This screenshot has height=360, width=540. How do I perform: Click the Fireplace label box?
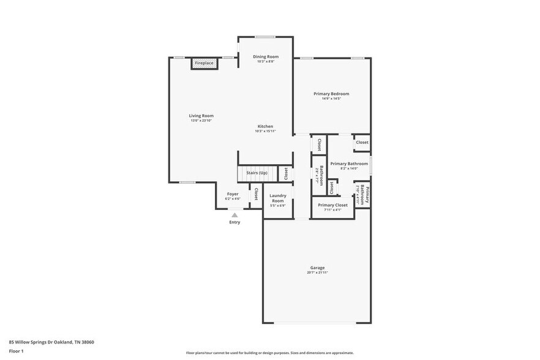tap(204, 63)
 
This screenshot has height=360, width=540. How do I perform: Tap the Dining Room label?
tap(266, 56)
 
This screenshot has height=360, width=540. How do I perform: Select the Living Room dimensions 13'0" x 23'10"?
tap(201, 121)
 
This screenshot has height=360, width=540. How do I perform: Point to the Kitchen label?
tap(265, 126)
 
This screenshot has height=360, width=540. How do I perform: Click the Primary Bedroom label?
tap(331, 94)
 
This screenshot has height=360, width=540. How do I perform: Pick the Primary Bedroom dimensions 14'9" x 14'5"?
tap(331, 99)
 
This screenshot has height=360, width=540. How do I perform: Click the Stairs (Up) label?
tap(257, 173)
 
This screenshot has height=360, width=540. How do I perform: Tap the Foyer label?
tap(233, 194)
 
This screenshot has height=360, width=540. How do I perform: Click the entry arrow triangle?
tap(234, 215)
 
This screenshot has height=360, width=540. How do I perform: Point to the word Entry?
tap(234, 222)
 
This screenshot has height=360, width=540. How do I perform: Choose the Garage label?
tap(317, 268)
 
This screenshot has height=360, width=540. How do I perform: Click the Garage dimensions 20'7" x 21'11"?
tap(317, 272)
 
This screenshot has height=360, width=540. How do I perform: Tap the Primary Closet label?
tap(332, 205)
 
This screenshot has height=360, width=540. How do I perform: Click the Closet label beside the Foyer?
tap(256, 194)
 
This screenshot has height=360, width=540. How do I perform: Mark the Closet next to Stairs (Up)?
tap(285, 173)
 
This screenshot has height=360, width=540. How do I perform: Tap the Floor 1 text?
tap(16, 351)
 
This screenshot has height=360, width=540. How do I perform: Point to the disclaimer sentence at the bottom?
tap(269, 353)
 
